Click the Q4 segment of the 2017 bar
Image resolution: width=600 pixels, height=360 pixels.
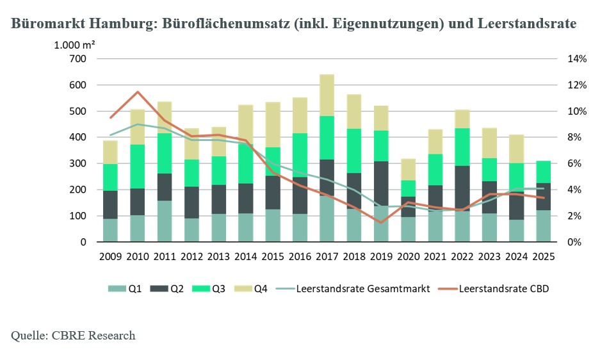click(x=327, y=95)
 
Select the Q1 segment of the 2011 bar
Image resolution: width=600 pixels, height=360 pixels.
click(x=165, y=221)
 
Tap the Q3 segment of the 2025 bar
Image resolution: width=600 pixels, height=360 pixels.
click(x=544, y=172)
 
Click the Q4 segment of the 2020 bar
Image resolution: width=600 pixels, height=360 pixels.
click(x=409, y=170)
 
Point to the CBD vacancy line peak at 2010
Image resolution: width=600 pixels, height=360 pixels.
click(x=138, y=92)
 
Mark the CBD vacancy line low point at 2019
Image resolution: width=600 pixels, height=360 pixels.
click(x=381, y=222)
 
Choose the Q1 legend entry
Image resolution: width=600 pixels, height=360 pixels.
click(x=125, y=288)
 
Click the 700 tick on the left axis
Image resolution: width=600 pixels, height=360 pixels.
click(x=77, y=59)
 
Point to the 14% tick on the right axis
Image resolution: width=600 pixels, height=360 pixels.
click(x=577, y=59)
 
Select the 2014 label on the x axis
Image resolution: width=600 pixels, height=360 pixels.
click(x=246, y=257)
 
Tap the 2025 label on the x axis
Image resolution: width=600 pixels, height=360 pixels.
click(x=544, y=257)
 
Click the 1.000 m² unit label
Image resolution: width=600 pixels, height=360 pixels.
click(x=74, y=45)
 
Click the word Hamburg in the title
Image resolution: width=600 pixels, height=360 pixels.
click(x=123, y=23)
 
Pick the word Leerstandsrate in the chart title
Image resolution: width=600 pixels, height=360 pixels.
click(x=527, y=23)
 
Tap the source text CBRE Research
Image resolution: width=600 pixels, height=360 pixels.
click(x=93, y=336)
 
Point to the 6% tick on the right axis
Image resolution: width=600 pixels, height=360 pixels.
click(x=574, y=163)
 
